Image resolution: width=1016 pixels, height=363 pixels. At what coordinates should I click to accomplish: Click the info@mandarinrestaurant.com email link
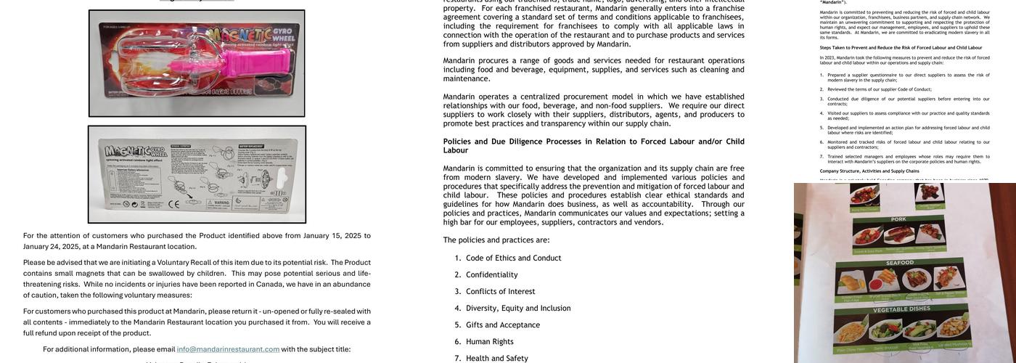pos(228,349)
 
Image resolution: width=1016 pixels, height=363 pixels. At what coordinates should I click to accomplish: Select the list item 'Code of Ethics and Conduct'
pos(513,258)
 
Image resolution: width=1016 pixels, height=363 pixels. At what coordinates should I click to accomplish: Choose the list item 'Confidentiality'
pos(491,274)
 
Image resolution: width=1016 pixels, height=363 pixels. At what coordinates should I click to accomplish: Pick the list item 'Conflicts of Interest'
pos(500,291)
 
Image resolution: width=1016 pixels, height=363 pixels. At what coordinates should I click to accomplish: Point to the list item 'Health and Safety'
pos(496,358)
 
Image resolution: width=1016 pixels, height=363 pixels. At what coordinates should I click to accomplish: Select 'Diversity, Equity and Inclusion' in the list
pos(518,308)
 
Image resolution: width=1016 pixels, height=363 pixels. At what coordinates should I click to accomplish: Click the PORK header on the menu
pos(899,219)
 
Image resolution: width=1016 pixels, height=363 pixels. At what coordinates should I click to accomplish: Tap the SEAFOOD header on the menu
pos(900,262)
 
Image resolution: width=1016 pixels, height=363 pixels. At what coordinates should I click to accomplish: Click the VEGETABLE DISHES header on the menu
pos(899,309)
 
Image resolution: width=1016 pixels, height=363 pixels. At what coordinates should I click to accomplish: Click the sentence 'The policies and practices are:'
pos(496,240)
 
